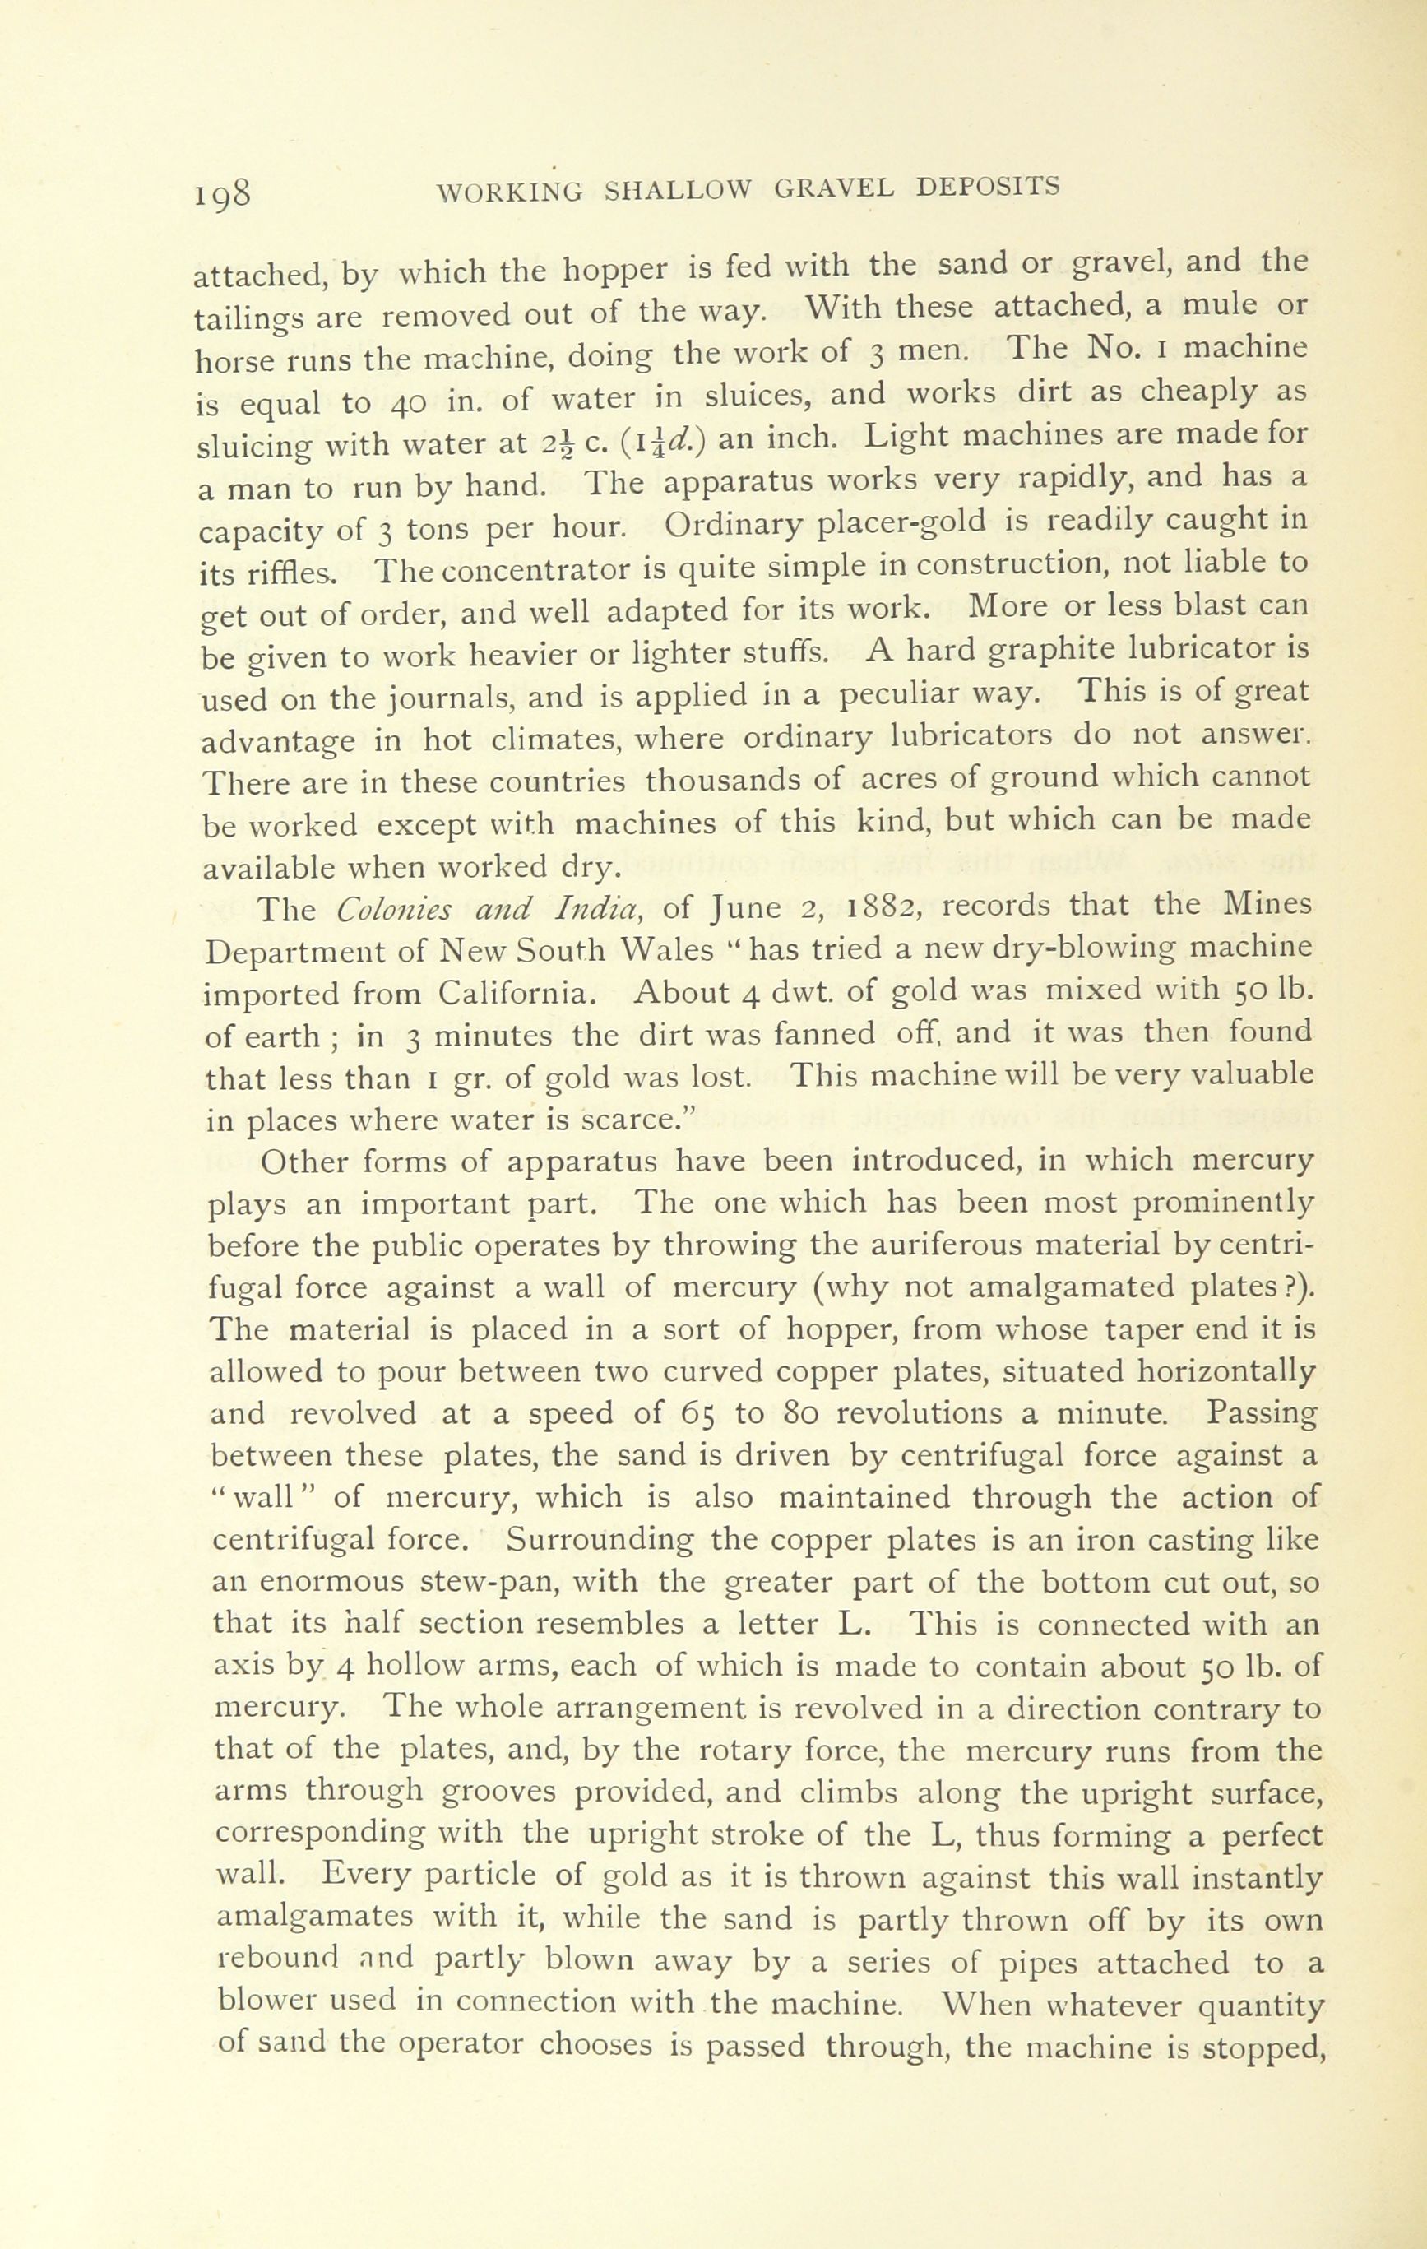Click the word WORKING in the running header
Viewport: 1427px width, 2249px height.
pos(510,192)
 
